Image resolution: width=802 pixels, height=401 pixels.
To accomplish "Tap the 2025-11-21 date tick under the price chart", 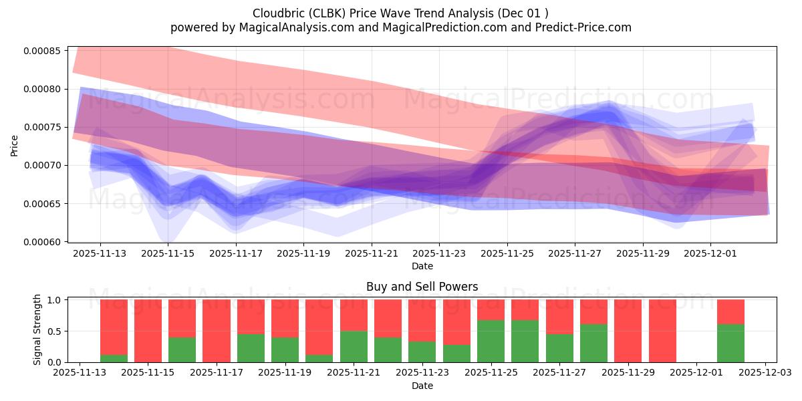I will point(372,254).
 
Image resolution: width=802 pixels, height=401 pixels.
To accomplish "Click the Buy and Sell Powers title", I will point(422,287).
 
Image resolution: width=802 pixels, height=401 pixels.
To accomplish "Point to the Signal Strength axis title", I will point(37,329).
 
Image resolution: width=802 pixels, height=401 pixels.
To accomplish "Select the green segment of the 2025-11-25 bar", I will point(491,341).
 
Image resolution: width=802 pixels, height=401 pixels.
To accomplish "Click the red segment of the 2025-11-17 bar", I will point(217,330).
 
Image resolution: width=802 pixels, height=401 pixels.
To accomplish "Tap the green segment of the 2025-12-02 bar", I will point(730,343).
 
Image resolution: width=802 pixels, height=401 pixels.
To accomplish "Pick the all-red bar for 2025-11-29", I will point(628,330).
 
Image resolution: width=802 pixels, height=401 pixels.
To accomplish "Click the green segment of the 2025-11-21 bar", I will point(354,346).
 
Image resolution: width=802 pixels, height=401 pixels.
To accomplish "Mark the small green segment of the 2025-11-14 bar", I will point(114,358).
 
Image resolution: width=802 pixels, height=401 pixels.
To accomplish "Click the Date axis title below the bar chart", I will point(422,386).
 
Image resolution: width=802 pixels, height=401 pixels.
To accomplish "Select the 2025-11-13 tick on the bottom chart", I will point(80,374).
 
